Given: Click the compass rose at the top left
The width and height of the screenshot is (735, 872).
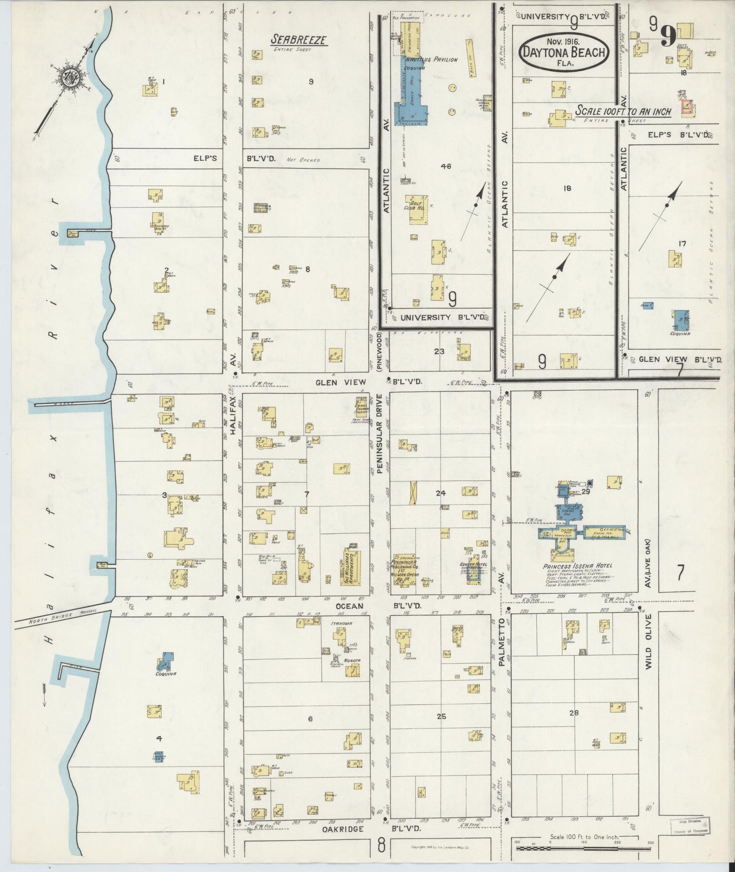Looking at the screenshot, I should click(x=66, y=77).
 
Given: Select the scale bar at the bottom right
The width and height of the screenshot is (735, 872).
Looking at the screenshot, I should click(x=582, y=847).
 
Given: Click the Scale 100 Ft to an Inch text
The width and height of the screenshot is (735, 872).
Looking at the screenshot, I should click(x=623, y=111).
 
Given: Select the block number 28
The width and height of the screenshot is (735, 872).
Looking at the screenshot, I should click(x=574, y=713).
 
